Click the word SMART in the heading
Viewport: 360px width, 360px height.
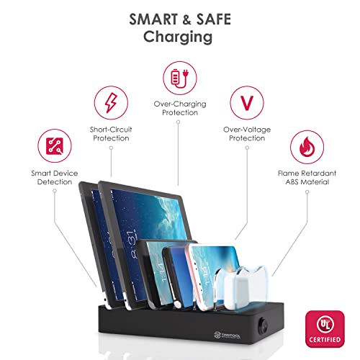[x=153, y=19]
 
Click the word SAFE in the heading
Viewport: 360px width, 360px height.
[x=214, y=19]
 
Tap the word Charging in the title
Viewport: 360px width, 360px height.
[x=178, y=37]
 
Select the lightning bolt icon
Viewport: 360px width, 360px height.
[x=111, y=103]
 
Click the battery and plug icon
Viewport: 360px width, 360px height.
[x=180, y=78]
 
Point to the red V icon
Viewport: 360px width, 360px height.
[x=247, y=103]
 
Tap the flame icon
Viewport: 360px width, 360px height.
[x=307, y=147]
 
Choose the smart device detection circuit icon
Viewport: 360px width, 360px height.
[x=55, y=146]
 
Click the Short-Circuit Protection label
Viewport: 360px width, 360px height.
[x=111, y=134]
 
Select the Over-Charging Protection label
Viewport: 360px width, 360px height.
[x=180, y=108]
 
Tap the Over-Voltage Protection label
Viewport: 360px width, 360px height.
[x=247, y=134]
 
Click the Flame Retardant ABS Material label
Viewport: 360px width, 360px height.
[x=307, y=178]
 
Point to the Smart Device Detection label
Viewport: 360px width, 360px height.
[x=55, y=178]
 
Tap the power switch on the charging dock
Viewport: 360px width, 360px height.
[x=263, y=325]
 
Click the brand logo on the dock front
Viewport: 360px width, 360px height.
[x=227, y=336]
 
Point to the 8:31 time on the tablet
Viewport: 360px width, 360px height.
[x=132, y=245]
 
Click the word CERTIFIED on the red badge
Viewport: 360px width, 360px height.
[x=325, y=340]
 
